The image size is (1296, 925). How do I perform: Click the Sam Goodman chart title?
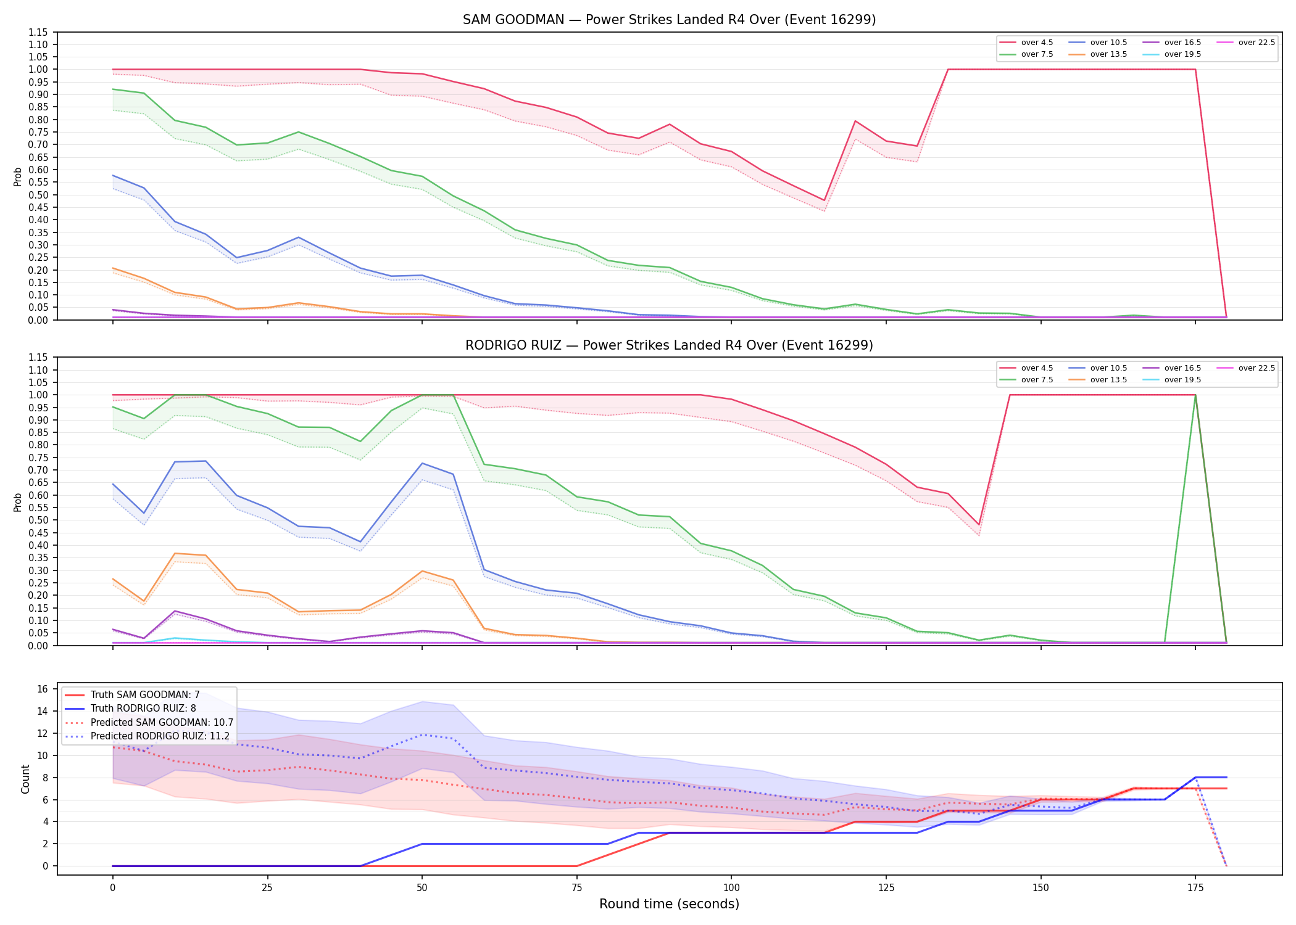coord(669,20)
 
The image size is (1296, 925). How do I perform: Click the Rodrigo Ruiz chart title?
coord(669,345)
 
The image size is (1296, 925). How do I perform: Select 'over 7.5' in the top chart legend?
coord(1037,54)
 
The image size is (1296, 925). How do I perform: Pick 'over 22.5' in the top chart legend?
coord(1257,43)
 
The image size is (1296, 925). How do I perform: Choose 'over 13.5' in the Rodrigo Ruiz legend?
coord(1108,380)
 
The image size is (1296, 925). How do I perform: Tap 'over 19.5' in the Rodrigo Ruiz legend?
coord(1182,380)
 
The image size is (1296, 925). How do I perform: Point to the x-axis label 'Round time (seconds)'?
coord(669,904)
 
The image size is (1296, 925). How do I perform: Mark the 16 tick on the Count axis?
coord(43,689)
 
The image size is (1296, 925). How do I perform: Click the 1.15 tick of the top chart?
coord(38,32)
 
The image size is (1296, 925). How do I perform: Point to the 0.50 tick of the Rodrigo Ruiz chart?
coord(38,520)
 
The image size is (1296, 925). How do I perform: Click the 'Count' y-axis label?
coord(25,779)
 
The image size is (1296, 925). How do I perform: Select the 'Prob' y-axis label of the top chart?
coord(18,176)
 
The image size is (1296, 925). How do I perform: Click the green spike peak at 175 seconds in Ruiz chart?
coord(1195,395)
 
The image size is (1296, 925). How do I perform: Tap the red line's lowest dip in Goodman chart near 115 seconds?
coord(824,200)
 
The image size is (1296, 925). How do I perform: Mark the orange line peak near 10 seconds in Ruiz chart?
coord(175,553)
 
